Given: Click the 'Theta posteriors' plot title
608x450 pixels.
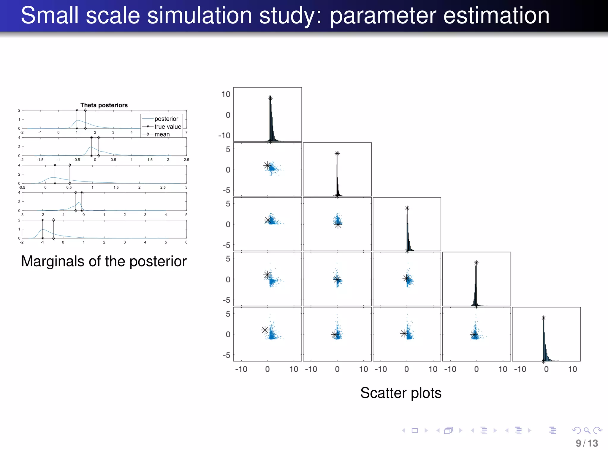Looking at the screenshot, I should [x=104, y=105].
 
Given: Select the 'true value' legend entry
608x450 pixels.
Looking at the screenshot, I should [x=167, y=127].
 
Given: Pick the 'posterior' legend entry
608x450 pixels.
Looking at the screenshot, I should [x=166, y=119].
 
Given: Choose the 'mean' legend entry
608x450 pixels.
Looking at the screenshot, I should [x=162, y=134].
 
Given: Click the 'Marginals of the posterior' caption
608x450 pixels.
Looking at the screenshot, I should [x=104, y=261].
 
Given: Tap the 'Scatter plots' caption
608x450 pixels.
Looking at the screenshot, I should [x=401, y=393].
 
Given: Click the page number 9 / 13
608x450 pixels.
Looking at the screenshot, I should [x=587, y=443].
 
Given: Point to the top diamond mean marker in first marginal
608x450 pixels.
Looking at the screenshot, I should [x=85, y=110].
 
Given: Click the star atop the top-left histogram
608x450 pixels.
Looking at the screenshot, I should [x=270, y=98].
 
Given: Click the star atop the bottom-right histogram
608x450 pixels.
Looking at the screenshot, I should [x=544, y=318].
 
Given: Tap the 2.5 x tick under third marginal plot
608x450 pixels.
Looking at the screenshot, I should [x=163, y=187].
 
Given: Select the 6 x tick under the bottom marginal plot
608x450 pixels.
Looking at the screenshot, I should [x=186, y=242].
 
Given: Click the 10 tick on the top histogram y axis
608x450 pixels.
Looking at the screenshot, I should [x=226, y=94].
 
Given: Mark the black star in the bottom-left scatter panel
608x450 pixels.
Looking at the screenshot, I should [x=265, y=330].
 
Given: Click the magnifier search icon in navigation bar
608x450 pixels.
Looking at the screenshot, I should [x=587, y=430].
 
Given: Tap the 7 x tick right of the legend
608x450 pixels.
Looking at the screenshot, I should [x=186, y=133].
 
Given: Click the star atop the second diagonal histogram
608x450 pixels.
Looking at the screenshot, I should [x=337, y=153].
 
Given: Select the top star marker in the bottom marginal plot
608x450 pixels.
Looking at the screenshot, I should [x=42, y=220].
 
